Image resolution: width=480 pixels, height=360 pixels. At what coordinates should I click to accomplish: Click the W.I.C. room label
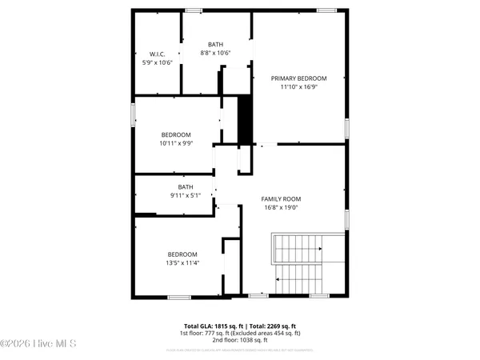[x=158, y=54]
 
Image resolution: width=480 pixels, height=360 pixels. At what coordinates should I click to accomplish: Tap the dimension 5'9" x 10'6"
[x=158, y=62]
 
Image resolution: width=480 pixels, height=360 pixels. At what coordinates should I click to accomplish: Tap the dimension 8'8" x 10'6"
[x=216, y=54]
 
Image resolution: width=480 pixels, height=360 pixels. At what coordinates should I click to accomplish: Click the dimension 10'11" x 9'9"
[x=176, y=143]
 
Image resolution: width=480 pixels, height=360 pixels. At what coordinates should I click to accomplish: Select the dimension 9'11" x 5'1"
[x=186, y=195]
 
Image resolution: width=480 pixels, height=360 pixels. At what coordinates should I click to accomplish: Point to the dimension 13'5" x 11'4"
[x=182, y=262]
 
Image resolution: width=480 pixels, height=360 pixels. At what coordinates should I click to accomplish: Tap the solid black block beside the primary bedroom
[x=246, y=119]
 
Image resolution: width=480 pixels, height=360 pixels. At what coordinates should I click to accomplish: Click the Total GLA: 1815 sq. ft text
[x=210, y=326]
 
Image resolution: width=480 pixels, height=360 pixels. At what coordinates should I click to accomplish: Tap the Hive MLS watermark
[x=38, y=345]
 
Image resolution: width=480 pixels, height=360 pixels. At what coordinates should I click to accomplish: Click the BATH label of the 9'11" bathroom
[x=186, y=187]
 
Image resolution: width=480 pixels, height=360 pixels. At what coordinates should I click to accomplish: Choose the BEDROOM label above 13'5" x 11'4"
[x=182, y=254]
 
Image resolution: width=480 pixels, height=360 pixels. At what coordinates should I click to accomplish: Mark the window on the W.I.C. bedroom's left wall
[x=134, y=114]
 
